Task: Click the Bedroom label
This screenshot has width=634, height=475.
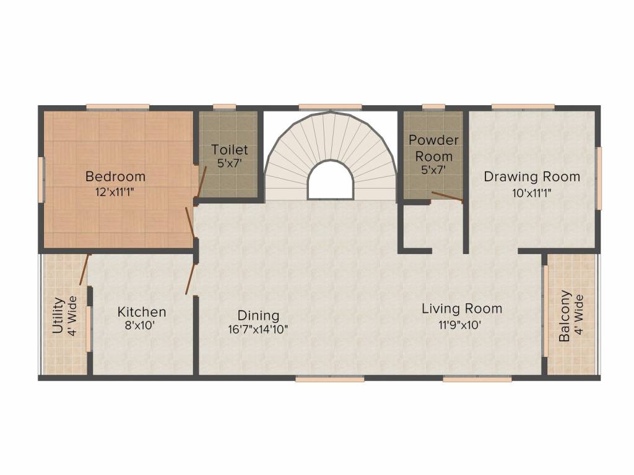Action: click(x=115, y=176)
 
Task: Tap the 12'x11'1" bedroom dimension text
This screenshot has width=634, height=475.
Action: click(x=115, y=192)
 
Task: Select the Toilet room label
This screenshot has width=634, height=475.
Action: click(x=229, y=150)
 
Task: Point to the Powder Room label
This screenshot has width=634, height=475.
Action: click(x=433, y=148)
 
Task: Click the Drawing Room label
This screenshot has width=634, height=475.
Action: click(x=532, y=177)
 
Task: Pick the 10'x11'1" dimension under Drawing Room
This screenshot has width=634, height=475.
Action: click(x=532, y=192)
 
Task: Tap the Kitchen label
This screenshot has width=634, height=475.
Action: click(x=142, y=312)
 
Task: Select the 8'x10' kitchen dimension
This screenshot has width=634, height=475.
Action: click(x=142, y=327)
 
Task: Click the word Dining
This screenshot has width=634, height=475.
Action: click(x=258, y=315)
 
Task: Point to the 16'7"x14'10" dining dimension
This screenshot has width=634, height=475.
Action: click(x=258, y=330)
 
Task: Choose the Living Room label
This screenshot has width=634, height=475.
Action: click(x=462, y=308)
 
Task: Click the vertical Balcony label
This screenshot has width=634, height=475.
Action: click(x=565, y=316)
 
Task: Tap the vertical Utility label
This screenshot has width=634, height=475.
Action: click(x=58, y=315)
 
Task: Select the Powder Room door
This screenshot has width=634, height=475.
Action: click(x=447, y=197)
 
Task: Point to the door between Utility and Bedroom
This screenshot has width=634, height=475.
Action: click(x=84, y=270)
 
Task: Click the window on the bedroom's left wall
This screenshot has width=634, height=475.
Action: click(x=41, y=179)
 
